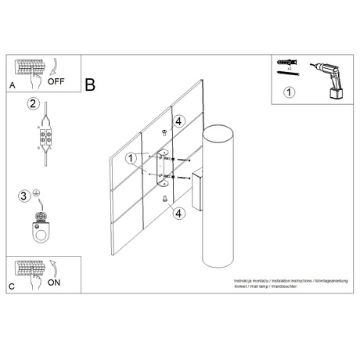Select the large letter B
(x=91, y=84)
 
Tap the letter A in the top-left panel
(x=12, y=85)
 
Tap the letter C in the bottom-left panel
(x=12, y=286)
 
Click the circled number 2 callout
(x=33, y=103)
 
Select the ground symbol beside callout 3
(x=36, y=195)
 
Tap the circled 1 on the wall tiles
(x=131, y=157)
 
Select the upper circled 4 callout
(x=178, y=121)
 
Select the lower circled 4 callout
(x=178, y=213)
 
